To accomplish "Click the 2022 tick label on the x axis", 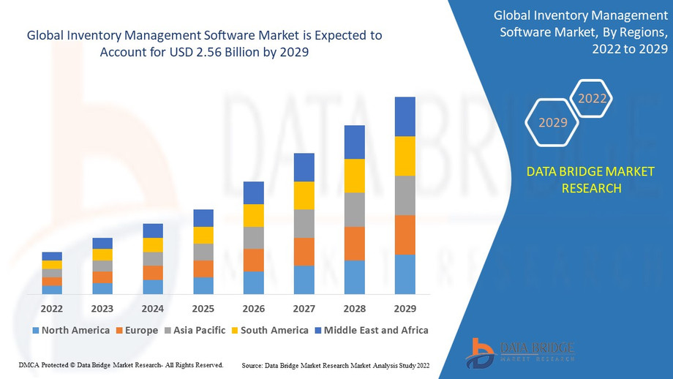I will click(52, 308).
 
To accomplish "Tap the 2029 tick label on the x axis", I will click(405, 308).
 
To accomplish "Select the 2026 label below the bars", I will click(253, 308).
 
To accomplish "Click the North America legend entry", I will click(71, 330).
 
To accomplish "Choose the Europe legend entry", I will click(136, 330).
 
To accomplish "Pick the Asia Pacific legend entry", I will click(194, 330).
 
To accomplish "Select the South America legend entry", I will click(269, 330).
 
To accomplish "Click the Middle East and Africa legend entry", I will click(371, 330).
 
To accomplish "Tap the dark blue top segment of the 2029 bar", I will click(405, 116).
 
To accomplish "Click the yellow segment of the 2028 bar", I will click(354, 176).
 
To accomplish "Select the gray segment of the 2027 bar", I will click(304, 223).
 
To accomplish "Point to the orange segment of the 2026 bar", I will click(253, 260).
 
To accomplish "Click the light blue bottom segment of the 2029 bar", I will click(405, 274).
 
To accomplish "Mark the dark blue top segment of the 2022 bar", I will click(52, 256).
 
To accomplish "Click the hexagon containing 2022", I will click(592, 99).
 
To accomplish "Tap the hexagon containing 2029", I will click(553, 122).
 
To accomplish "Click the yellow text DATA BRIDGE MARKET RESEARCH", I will click(591, 180).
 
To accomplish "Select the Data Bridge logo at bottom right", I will click(520, 351).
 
